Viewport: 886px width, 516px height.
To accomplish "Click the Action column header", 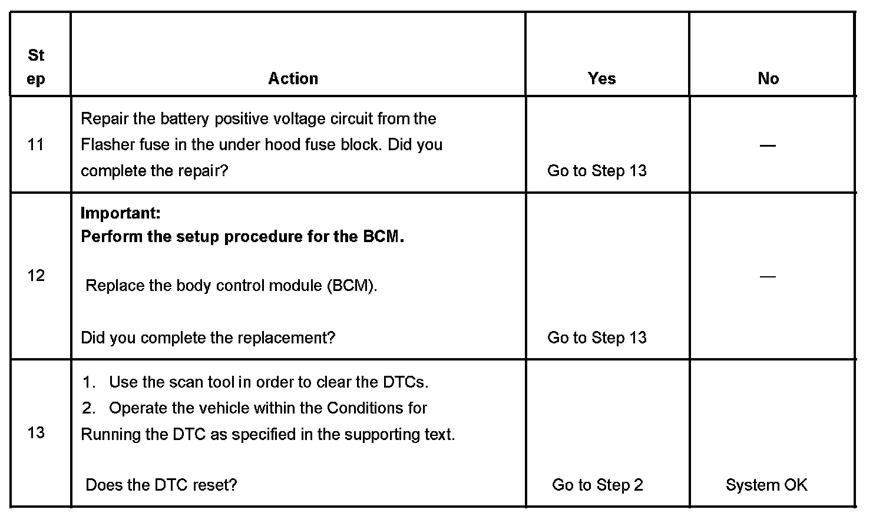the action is (293, 78).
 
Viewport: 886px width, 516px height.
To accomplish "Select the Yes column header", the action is (601, 78).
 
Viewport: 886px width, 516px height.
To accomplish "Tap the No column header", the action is (768, 78).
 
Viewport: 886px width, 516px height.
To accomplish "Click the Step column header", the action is (36, 67).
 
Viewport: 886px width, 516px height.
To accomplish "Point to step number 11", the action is (36, 144).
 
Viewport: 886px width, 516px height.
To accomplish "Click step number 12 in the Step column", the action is (36, 275).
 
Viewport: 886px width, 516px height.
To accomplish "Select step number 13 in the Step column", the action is (36, 432).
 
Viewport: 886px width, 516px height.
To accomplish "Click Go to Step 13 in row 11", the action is (597, 171).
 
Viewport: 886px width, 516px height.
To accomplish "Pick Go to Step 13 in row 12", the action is (597, 338).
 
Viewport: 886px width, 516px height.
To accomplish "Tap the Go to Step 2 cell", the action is (597, 485).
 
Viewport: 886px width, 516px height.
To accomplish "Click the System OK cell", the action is (766, 485).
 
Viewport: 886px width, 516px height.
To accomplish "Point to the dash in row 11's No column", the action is (768, 145).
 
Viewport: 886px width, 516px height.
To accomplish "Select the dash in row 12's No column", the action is (768, 276).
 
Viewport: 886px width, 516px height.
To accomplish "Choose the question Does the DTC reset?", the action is (161, 485).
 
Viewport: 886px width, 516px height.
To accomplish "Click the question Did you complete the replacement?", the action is (208, 338).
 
